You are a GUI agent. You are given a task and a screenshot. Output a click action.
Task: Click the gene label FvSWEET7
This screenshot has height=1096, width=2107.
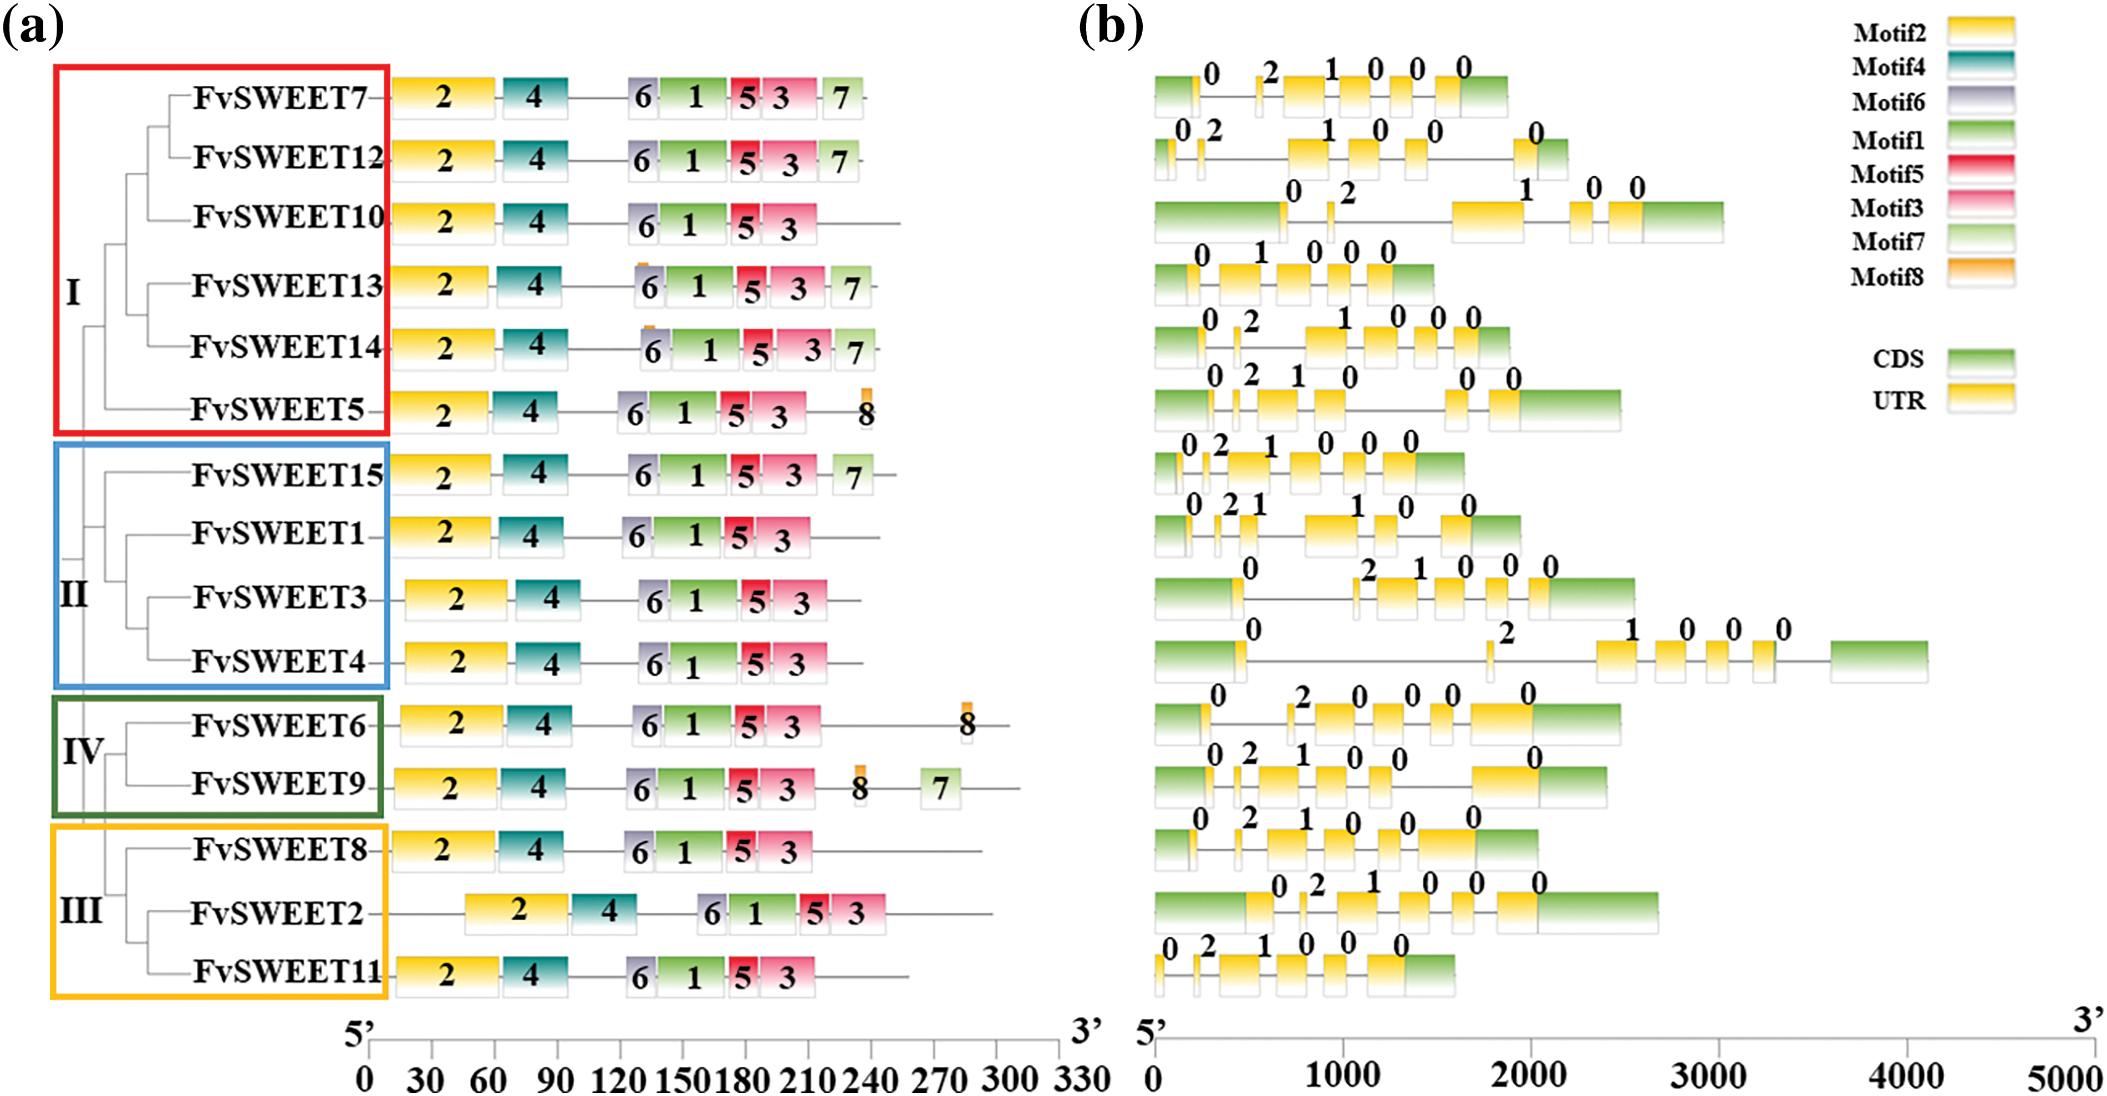[x=280, y=98]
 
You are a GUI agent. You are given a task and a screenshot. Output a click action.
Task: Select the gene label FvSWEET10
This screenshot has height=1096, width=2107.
[x=288, y=217]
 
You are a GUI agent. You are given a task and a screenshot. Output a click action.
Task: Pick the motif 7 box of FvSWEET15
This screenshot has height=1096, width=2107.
[x=853, y=475]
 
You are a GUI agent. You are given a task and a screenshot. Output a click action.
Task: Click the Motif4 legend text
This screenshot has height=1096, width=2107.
[x=1889, y=67]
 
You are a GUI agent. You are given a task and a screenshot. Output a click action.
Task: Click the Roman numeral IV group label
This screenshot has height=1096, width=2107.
[x=83, y=751]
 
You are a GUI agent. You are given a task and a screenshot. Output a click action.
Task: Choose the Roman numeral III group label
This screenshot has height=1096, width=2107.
[x=81, y=910]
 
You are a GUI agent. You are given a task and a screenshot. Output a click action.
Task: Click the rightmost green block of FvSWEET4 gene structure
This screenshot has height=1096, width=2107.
[x=1879, y=661]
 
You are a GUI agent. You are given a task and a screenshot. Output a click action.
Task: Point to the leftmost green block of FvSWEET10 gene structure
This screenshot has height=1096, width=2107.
[x=1217, y=222]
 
